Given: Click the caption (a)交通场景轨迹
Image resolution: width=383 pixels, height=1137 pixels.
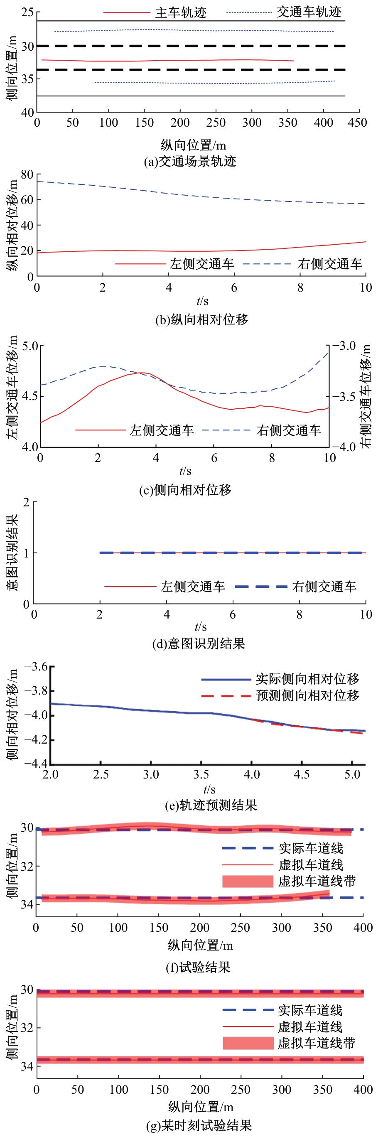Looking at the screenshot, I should coord(190,162).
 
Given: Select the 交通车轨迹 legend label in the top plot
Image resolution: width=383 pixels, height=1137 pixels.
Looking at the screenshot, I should coord(309,12).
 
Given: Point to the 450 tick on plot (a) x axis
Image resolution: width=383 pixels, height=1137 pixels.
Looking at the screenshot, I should coord(357,123).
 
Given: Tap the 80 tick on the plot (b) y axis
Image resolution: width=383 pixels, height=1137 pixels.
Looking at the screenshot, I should coord(27,174).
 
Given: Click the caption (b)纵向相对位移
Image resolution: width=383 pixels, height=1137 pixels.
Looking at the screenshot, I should coord(201,319).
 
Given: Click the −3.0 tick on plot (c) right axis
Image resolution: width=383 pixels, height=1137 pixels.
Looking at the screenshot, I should coord(344,346).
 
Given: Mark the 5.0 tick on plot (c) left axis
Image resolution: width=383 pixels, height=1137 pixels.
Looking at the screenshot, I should coord(30,346).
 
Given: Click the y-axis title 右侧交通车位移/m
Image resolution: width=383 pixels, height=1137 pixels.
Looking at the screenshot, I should coord(366,396).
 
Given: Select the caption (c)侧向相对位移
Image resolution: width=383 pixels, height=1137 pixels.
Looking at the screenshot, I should coord(185,490).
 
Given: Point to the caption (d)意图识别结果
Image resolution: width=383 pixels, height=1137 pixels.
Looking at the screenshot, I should coord(199,644).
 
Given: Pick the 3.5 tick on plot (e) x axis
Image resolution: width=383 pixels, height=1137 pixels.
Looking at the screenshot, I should coord(201,775).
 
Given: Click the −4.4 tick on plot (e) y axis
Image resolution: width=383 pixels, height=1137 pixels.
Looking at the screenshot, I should coord(36,763).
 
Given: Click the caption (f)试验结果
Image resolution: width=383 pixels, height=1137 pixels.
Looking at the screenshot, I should coord(198,968).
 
